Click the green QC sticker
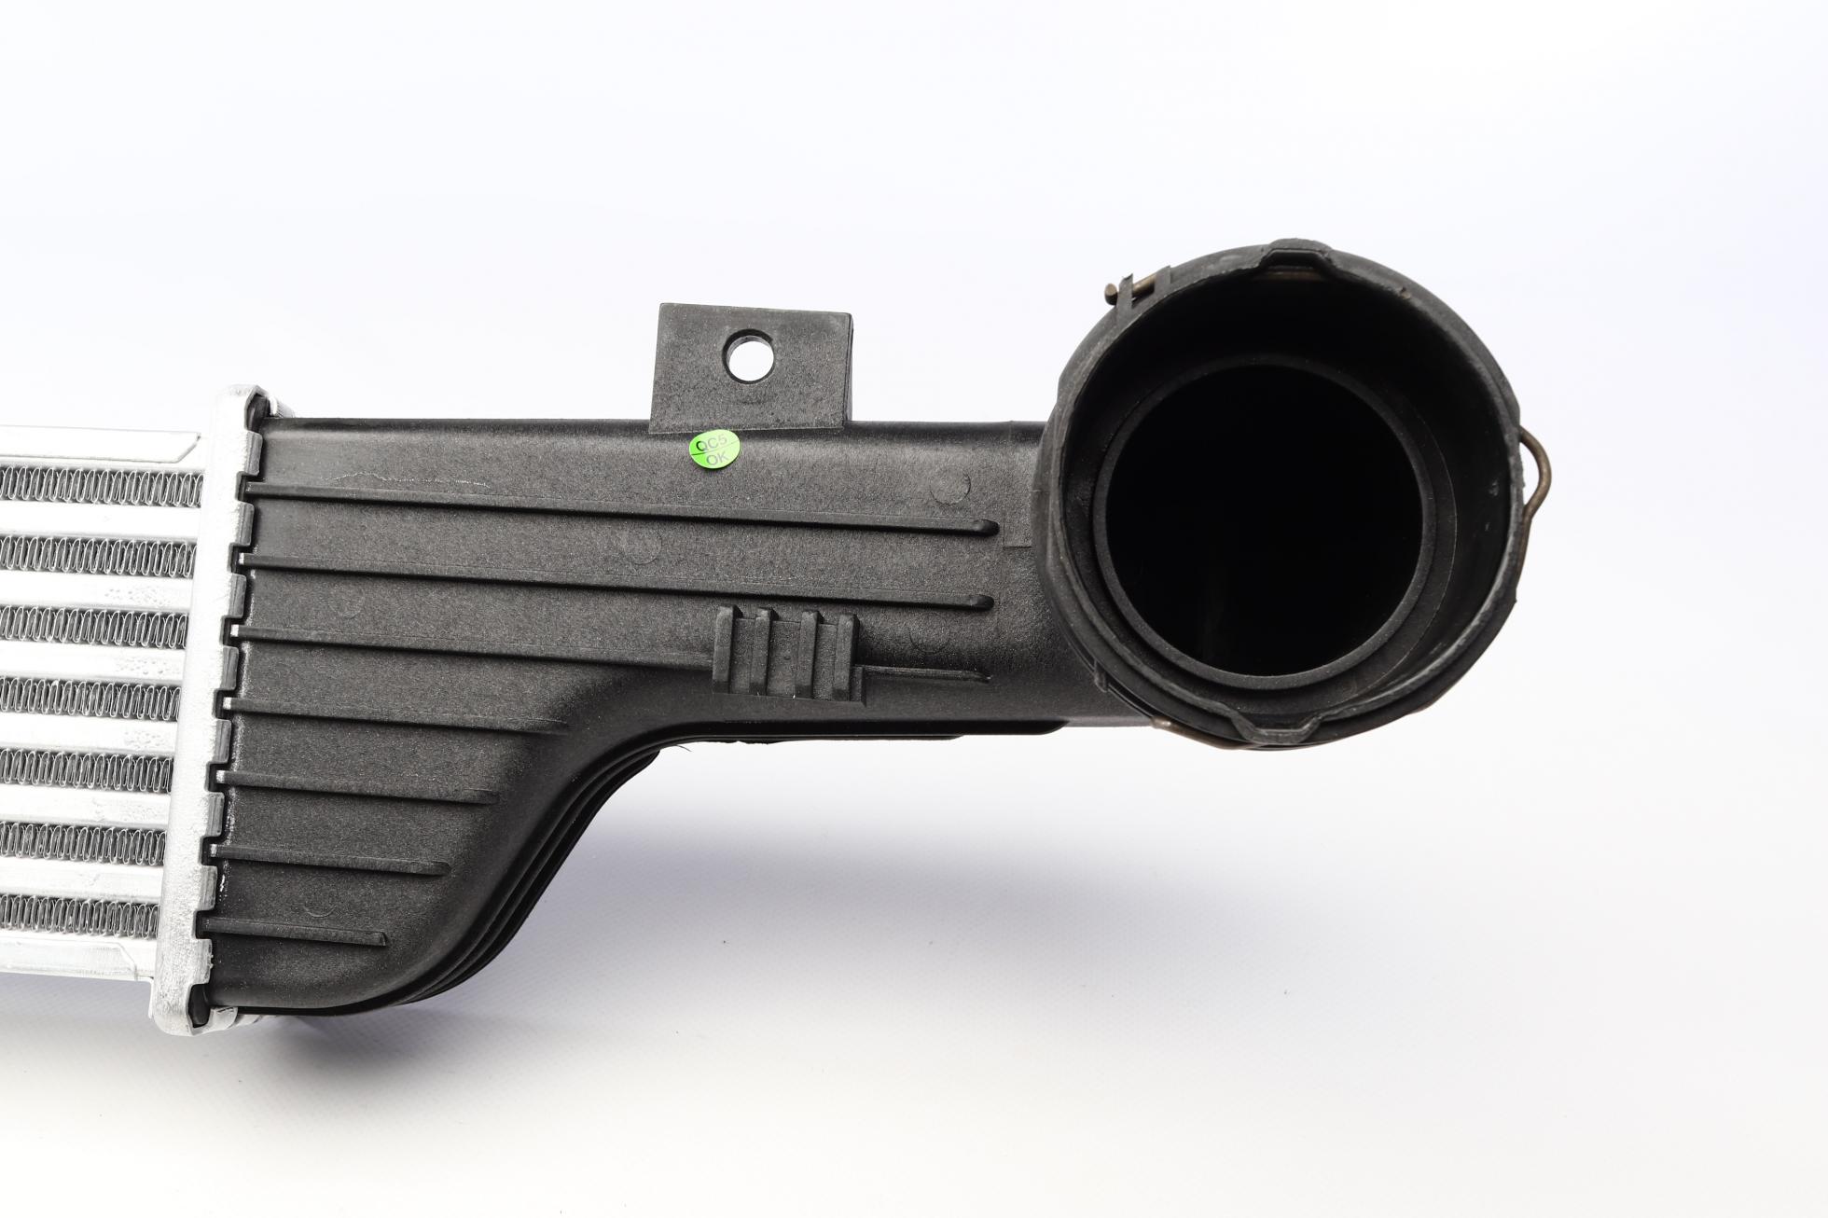point(714,451)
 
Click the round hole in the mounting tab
point(750,354)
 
